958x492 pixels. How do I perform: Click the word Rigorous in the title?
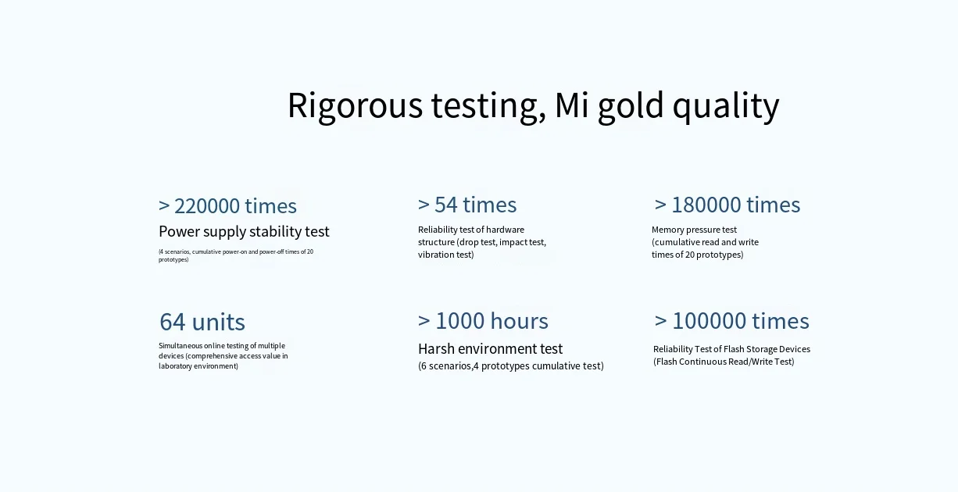coord(355,106)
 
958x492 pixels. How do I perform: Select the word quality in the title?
coord(726,106)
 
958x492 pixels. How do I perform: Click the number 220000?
coord(207,206)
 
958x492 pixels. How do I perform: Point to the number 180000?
coord(705,205)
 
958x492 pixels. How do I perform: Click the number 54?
coord(446,205)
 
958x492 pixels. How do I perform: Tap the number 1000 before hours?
coord(460,321)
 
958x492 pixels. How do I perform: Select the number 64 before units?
coord(173,322)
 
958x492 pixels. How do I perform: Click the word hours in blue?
coord(519,321)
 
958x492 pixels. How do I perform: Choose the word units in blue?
coord(219,322)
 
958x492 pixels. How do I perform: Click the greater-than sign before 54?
coord(424,205)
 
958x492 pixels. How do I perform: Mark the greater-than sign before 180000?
coord(660,205)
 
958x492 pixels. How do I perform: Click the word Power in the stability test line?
coord(179,232)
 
